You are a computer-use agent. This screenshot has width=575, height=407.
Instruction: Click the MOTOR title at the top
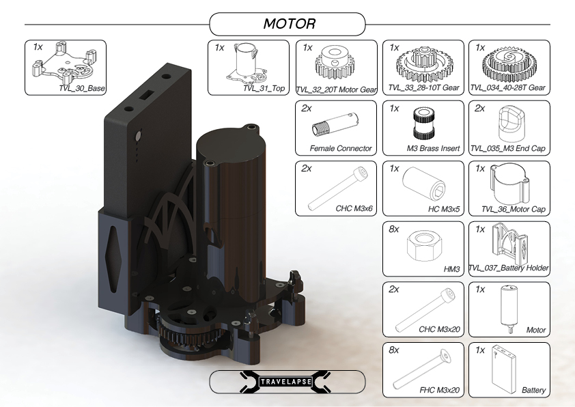coord(289,23)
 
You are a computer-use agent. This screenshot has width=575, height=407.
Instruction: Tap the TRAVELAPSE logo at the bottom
coord(285,382)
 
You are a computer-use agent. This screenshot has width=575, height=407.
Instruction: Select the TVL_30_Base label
coord(82,88)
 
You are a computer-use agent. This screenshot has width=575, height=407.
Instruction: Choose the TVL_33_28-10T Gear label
coord(423,87)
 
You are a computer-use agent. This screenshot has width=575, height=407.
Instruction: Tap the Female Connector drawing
coord(335,125)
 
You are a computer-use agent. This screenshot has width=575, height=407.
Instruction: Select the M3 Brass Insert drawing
coord(424,124)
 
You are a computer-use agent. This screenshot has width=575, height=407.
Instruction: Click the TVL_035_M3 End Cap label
coord(507,148)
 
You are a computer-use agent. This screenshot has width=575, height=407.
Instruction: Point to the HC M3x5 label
coord(444,209)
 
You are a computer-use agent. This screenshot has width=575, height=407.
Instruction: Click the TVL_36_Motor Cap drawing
coord(509,185)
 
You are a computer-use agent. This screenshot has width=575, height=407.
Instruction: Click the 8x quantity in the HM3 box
coord(394,229)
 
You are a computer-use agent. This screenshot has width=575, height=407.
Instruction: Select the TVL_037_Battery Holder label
coord(509,268)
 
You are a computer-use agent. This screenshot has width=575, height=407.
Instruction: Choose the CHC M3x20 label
coord(439,329)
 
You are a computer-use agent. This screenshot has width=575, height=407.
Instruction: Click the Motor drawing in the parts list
coord(508,309)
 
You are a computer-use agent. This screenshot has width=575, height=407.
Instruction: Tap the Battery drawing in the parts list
coord(503,369)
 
